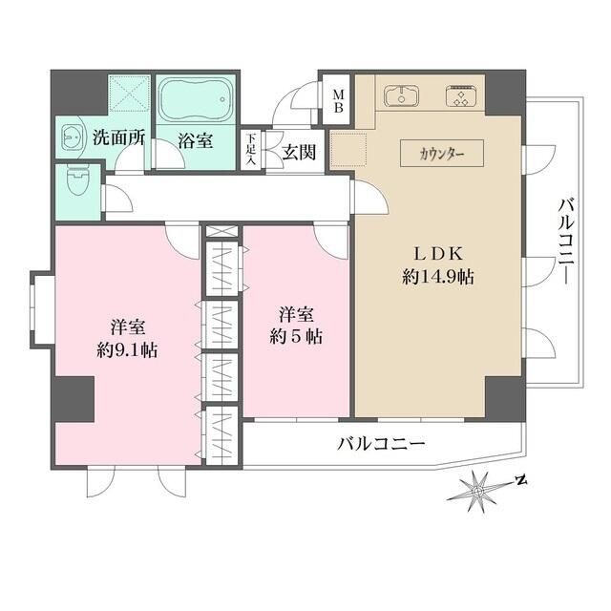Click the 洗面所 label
pos(118,137)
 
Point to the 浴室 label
pos(195,139)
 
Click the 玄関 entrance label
pos(297,153)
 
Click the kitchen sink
pos(401,95)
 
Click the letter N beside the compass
pos(521,479)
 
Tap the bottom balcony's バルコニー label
pos(380,444)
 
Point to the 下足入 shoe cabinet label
pos(251,149)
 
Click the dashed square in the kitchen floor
pos(349,150)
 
